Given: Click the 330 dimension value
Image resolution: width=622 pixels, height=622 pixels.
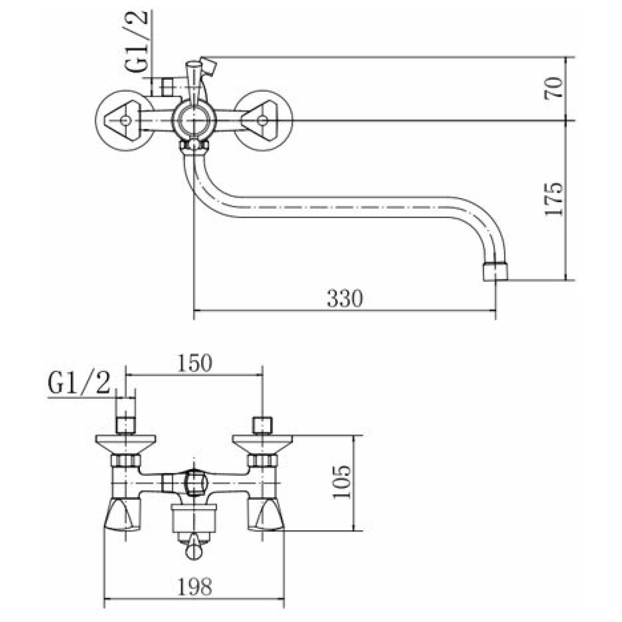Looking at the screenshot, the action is (345, 298).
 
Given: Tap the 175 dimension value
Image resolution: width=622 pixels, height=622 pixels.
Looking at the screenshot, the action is (553, 199).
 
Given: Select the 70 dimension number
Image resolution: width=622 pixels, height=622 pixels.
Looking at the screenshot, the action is (553, 88).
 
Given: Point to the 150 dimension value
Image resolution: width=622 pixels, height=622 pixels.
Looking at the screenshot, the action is (195, 363).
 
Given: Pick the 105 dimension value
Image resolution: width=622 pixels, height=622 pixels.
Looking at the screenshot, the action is (341, 482).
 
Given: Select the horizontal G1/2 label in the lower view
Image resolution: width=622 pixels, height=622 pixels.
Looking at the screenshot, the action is (79, 383).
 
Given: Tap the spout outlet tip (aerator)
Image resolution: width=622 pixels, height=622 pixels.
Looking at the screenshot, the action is (495, 272).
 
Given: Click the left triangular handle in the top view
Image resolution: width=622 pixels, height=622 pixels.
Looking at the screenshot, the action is (123, 121).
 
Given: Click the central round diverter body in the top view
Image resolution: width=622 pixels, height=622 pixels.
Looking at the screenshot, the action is (193, 120).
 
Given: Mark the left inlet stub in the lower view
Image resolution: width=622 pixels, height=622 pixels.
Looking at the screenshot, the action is (126, 425).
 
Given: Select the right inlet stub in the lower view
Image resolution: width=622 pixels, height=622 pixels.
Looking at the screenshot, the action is (262, 425).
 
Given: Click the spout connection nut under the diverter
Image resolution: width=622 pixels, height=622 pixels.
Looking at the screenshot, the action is (193, 147).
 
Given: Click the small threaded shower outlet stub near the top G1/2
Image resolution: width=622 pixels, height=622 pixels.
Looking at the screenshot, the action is (167, 87).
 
